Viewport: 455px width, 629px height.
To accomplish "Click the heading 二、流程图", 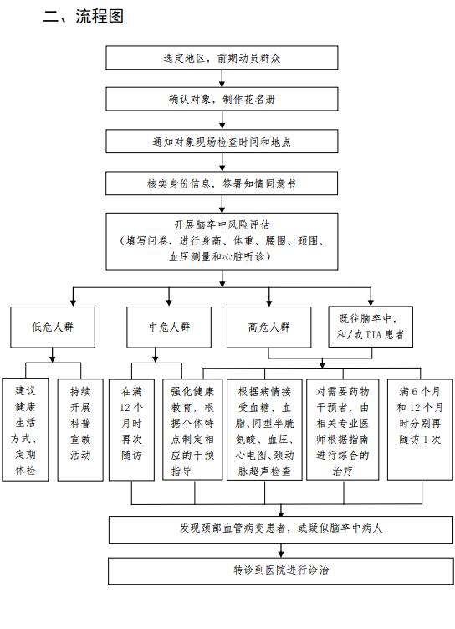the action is [x=84, y=17].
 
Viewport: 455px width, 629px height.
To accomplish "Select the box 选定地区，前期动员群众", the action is [x=222, y=57].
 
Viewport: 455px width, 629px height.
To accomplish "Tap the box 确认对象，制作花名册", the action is [x=222, y=99].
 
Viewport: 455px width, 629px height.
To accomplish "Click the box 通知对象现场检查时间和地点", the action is [x=222, y=142].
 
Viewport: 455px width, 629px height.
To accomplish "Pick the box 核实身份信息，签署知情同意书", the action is [x=222, y=183].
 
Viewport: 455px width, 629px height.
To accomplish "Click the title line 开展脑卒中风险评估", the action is [x=222, y=225].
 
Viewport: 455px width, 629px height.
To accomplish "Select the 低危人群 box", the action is [x=53, y=327].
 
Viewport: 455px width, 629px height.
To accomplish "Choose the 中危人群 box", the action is [x=169, y=327].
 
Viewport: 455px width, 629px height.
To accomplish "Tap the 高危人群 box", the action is [x=269, y=327].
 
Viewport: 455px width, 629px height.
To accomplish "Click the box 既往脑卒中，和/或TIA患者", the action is [x=371, y=327].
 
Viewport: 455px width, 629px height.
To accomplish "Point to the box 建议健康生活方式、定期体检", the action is [x=25, y=430].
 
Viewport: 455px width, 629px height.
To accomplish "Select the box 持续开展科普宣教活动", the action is [x=80, y=430].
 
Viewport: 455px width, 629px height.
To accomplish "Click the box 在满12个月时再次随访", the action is [x=132, y=430].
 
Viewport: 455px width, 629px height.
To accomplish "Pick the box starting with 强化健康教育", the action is [x=192, y=430].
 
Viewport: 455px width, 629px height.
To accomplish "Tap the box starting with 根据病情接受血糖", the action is [x=265, y=430].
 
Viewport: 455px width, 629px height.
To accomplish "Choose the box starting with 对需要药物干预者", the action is [x=343, y=430].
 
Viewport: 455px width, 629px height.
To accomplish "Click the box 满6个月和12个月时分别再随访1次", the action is [x=420, y=430].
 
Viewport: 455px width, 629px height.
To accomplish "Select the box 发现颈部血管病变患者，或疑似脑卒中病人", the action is [x=281, y=529].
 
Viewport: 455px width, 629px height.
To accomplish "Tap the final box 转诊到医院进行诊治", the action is [x=281, y=570].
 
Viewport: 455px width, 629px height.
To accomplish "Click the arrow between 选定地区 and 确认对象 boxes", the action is [x=222, y=78].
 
